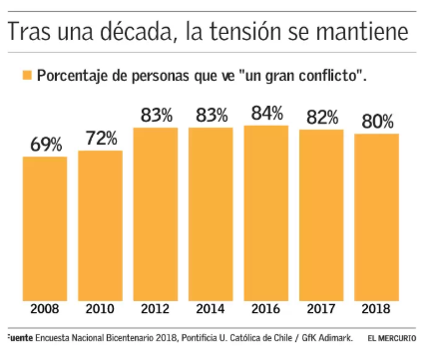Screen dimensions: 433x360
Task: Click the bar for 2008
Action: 45,228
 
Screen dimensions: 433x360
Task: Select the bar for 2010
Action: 100,225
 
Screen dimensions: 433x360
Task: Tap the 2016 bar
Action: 266,213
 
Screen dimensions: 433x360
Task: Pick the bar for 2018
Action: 376,217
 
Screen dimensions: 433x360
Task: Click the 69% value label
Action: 46,145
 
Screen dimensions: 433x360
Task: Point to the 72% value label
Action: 102,139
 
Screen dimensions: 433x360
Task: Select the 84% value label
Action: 267,113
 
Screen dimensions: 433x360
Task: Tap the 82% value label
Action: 322,118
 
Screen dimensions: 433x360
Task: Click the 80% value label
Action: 377,122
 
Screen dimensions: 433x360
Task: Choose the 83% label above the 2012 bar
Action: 157,116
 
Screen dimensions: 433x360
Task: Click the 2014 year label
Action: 211,309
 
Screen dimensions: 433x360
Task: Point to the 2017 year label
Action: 321,309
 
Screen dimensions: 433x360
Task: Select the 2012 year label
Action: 155,309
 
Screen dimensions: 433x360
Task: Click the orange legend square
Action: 27,75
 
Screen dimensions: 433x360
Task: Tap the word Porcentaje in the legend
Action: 73,76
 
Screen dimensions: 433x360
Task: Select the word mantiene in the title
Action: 362,32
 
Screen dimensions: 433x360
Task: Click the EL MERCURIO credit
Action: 392,338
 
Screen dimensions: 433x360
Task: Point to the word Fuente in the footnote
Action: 20,338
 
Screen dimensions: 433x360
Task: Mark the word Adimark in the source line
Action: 335,338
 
